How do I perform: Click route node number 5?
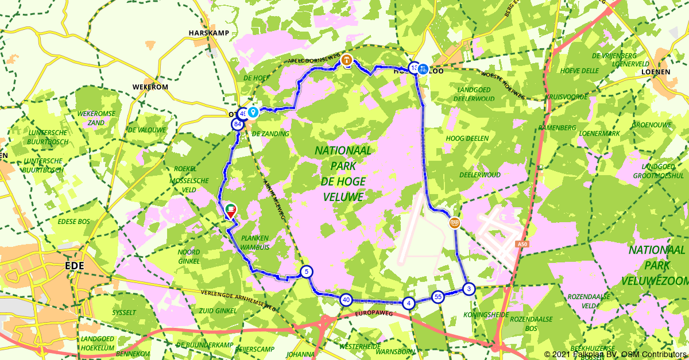[x=307, y=272]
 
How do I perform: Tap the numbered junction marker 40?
[x=346, y=299]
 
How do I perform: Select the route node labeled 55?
[x=438, y=297]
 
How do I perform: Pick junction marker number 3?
[x=469, y=289]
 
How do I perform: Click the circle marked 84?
[x=237, y=124]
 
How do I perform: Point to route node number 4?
[x=408, y=303]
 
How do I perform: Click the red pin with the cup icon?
[x=230, y=211]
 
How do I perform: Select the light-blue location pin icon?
[x=253, y=113]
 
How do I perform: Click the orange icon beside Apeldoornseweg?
[x=346, y=60]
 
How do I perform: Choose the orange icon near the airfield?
[x=454, y=222]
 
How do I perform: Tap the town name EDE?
[x=75, y=266]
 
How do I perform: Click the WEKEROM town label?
[x=150, y=87]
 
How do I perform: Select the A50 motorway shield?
[x=521, y=245]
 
